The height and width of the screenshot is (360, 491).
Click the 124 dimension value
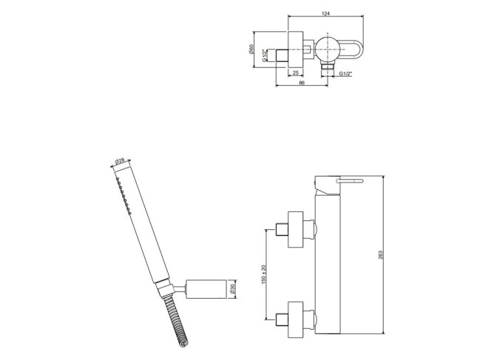coord(325,13)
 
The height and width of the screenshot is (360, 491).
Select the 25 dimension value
coord(295,73)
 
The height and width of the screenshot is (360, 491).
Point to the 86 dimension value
coord(302,83)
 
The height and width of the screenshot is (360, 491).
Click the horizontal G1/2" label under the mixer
coord(345,74)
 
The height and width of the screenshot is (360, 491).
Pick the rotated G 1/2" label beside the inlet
coord(264,55)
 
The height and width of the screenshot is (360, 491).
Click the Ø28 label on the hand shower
coord(120,161)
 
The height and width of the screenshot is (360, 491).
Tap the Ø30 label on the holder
coord(232,289)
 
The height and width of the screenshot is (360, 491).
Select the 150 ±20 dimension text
coord(263,274)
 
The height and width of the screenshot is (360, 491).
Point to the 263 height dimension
coord(381,255)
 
